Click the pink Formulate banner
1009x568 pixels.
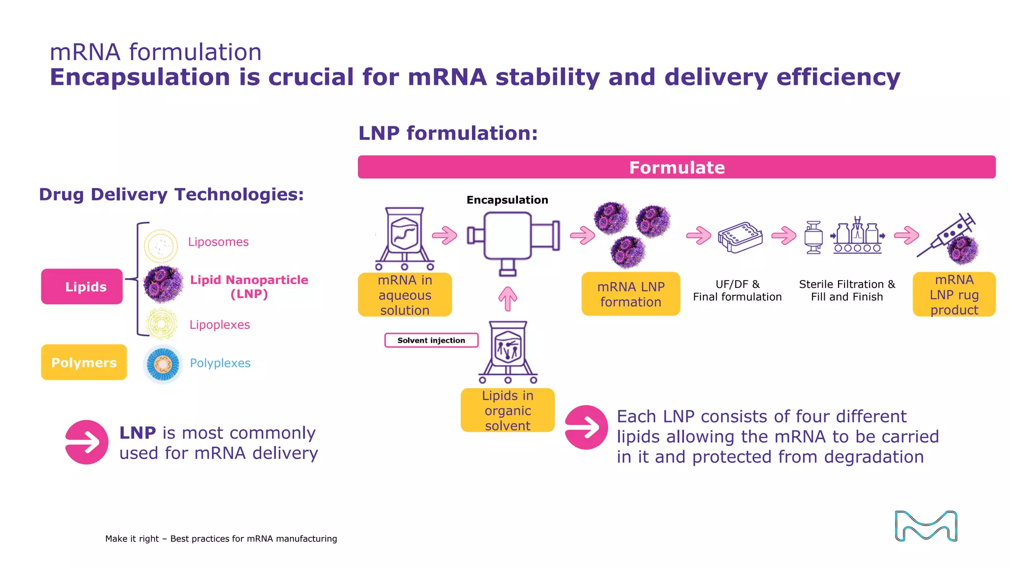(676, 167)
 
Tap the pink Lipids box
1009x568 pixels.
(82, 286)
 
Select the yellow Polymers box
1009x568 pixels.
(84, 362)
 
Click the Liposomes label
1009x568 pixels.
(218, 242)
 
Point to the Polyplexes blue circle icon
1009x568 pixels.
(163, 364)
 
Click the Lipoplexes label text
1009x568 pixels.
(220, 325)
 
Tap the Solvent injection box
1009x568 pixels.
(431, 340)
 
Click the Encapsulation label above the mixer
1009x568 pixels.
(507, 200)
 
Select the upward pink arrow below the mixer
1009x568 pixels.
(507, 299)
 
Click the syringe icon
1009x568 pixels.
(946, 236)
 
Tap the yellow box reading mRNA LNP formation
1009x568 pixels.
(631, 294)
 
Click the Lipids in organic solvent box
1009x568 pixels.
(507, 410)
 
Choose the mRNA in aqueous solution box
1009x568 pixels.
(404, 295)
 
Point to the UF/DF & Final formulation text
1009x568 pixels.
(737, 290)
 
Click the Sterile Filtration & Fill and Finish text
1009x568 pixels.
(847, 290)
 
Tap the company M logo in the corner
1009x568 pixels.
(926, 526)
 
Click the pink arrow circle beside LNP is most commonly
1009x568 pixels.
(87, 442)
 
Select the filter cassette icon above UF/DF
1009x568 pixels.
(740, 237)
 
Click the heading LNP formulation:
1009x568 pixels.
(448, 133)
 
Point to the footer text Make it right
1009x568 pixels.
(221, 538)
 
